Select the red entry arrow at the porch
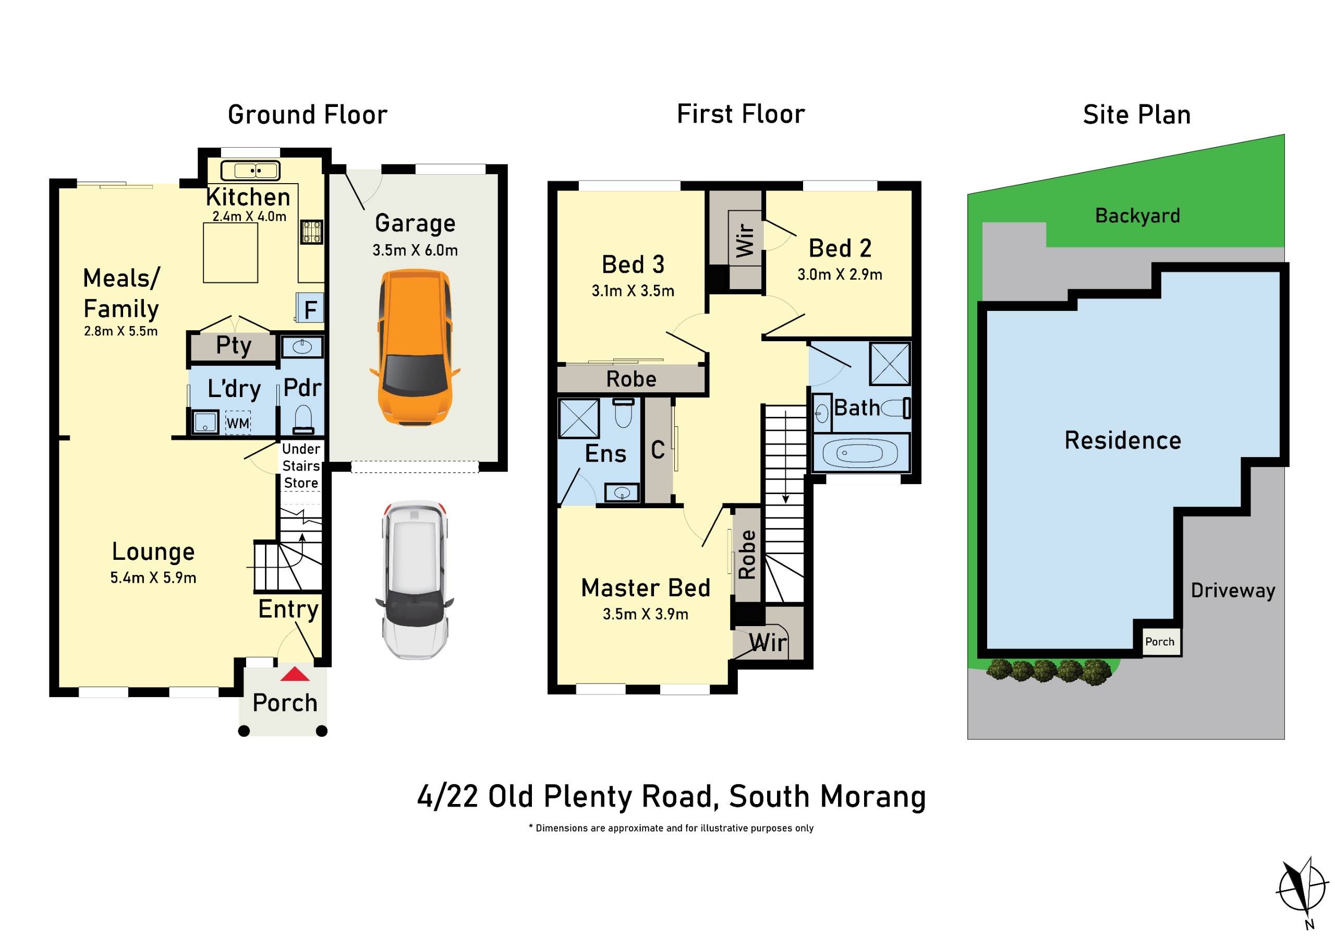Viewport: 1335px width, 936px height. (295, 674)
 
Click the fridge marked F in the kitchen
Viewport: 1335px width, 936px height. (310, 308)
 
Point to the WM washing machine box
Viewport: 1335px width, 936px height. (238, 422)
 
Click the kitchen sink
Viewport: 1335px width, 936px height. (250, 171)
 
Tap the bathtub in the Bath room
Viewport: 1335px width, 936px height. (859, 452)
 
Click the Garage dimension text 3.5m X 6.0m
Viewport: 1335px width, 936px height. (415, 250)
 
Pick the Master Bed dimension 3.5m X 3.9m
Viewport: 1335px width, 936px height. (646, 614)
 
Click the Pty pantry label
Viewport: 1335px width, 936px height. (234, 345)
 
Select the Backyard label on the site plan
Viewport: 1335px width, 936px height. (1137, 216)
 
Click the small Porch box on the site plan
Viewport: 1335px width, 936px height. (1159, 642)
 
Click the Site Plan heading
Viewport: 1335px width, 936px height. (1137, 115)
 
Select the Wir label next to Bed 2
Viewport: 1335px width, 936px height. (745, 239)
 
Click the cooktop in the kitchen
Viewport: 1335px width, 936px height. (311, 232)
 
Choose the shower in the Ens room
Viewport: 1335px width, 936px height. (578, 418)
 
